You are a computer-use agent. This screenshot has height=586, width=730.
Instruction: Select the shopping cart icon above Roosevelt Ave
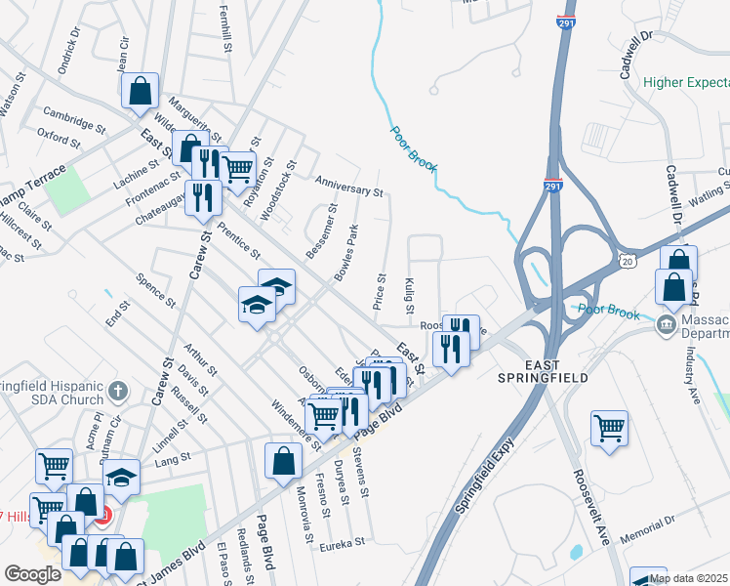point(609,427)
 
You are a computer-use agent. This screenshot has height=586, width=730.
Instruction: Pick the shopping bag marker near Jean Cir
point(141,91)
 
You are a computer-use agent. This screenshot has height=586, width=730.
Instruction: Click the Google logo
point(32,573)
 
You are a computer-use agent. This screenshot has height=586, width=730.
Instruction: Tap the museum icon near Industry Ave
point(667,323)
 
